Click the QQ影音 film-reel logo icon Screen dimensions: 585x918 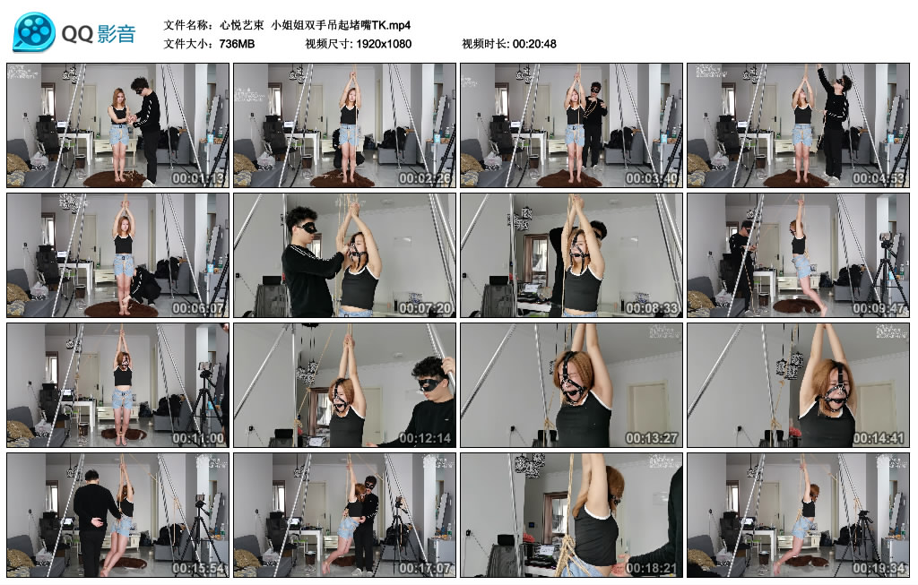[x=33, y=33]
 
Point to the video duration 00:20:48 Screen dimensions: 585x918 [x=534, y=43]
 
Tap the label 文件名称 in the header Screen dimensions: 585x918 [x=187, y=24]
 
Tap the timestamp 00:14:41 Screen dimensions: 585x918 [x=878, y=438]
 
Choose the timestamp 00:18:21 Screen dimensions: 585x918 [x=651, y=568]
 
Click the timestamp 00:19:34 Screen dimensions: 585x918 [x=878, y=568]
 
